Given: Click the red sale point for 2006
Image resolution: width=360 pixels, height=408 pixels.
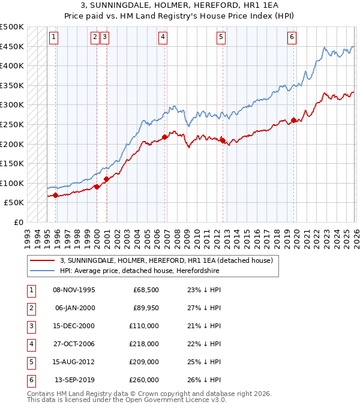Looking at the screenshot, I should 165,137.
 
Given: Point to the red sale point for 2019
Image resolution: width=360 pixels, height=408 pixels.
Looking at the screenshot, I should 293,121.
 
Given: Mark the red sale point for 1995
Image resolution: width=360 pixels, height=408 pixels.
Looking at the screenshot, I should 56,196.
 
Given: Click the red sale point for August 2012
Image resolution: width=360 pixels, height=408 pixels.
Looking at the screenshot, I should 223,141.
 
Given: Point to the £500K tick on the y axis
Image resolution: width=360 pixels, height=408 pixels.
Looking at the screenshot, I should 12,27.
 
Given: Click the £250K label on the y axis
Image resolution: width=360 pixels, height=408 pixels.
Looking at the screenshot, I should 12,124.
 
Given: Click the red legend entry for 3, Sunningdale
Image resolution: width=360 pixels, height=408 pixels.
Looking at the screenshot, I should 166,260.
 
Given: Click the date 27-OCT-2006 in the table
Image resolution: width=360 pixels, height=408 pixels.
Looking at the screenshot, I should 74,344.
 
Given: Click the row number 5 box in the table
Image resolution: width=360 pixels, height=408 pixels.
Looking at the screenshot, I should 30,362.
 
